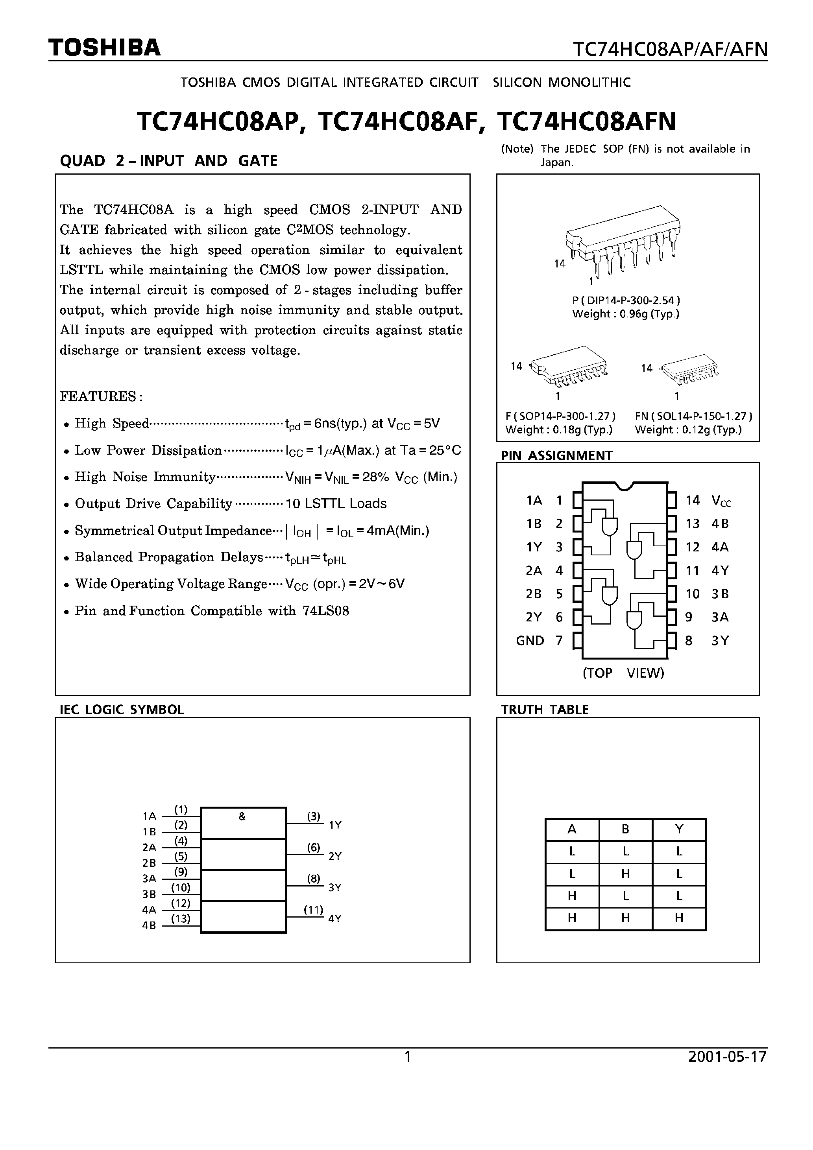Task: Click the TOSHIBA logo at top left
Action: click(x=104, y=48)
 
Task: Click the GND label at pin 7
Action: click(x=530, y=641)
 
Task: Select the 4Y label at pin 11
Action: click(x=720, y=571)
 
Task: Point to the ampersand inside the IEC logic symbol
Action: click(x=242, y=816)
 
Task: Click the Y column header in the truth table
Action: click(x=679, y=829)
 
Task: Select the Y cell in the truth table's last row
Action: click(x=679, y=918)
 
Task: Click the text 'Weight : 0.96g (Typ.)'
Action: click(x=626, y=314)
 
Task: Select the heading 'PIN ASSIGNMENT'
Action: click(x=556, y=455)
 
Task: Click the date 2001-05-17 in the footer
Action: click(x=727, y=1057)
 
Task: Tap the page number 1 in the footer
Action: click(x=408, y=1057)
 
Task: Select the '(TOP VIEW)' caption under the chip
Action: click(x=623, y=673)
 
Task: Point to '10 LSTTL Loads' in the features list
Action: click(x=336, y=503)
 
